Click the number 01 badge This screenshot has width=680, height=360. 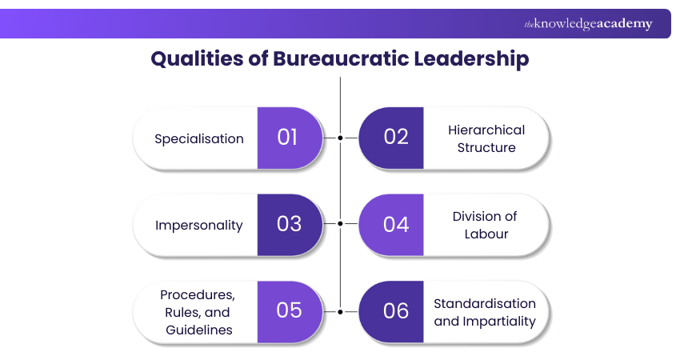(x=288, y=138)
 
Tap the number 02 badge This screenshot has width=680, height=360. (x=395, y=138)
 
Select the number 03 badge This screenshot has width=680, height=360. (x=288, y=224)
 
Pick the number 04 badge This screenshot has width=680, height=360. (x=395, y=224)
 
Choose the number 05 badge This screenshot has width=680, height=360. (x=288, y=311)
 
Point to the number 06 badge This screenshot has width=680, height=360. (x=395, y=311)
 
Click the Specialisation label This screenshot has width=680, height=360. (x=199, y=138)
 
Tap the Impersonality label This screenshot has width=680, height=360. (x=199, y=225)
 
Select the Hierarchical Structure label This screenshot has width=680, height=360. (x=486, y=138)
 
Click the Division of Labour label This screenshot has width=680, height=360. (x=485, y=225)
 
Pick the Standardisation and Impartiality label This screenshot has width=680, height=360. (x=485, y=312)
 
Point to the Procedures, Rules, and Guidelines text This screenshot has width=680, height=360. (x=198, y=312)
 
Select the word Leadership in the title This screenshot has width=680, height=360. (x=477, y=59)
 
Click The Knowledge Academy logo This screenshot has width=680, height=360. (x=588, y=24)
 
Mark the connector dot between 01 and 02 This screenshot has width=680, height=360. (x=341, y=138)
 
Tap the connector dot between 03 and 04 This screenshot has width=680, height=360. (x=341, y=224)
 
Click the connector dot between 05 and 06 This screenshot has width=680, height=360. (x=341, y=311)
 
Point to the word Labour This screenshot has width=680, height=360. (x=485, y=234)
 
